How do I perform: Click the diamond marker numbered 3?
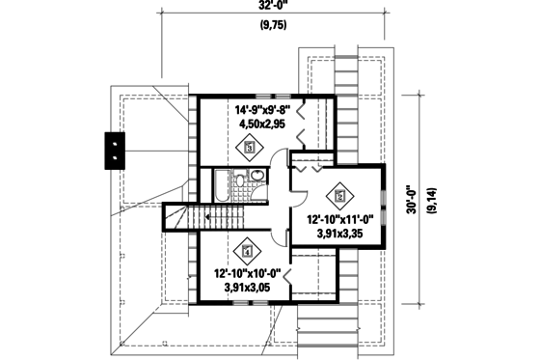[x=249, y=148]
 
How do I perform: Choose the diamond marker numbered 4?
[x=247, y=251]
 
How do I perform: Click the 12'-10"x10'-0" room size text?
[x=247, y=273]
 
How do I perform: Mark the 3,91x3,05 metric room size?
[x=247, y=287]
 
